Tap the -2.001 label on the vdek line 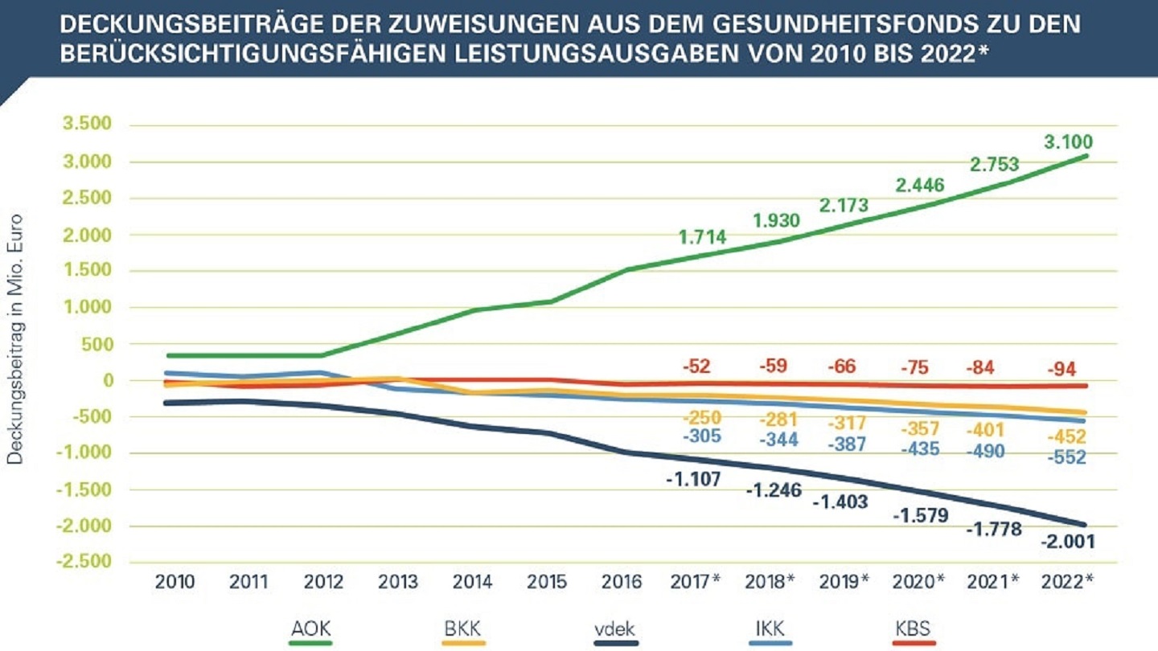[1068, 542]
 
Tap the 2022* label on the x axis [1066, 580]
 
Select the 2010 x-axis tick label [175, 580]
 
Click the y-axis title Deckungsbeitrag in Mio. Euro [15, 338]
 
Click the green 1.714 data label [702, 237]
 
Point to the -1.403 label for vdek [840, 502]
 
